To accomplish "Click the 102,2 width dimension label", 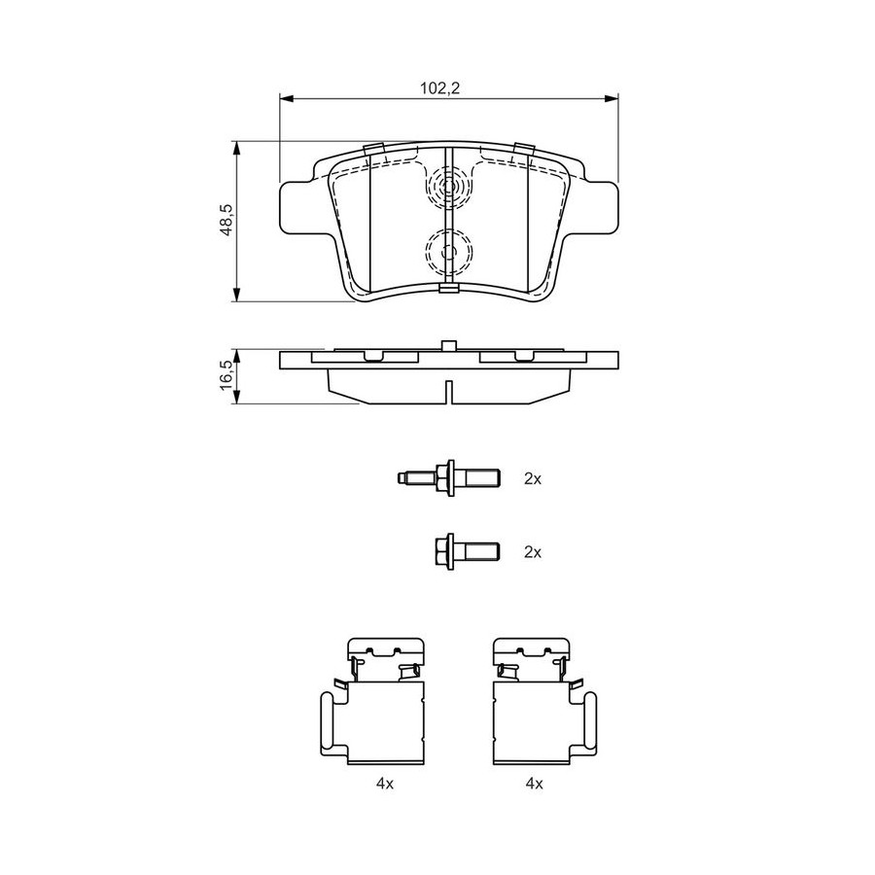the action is (439, 88).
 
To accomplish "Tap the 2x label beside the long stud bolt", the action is (533, 478).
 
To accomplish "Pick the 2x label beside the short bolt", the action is (533, 552).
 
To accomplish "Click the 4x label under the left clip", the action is (385, 784).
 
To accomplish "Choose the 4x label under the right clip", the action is (534, 784).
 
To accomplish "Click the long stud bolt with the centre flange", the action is (448, 478).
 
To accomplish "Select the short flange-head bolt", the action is (467, 552).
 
